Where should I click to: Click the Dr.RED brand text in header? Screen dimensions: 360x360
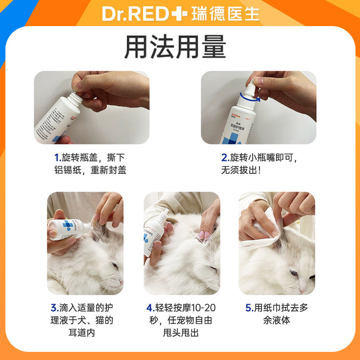click(x=135, y=14)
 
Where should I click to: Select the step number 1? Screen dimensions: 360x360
click(x=58, y=158)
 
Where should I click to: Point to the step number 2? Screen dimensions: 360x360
click(x=225, y=158)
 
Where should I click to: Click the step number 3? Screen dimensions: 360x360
click(x=54, y=308)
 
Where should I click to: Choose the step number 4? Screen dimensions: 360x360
click(x=150, y=308)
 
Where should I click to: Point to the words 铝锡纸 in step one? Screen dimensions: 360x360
click(x=65, y=171)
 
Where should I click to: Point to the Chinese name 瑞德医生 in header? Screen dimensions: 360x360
click(x=225, y=14)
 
